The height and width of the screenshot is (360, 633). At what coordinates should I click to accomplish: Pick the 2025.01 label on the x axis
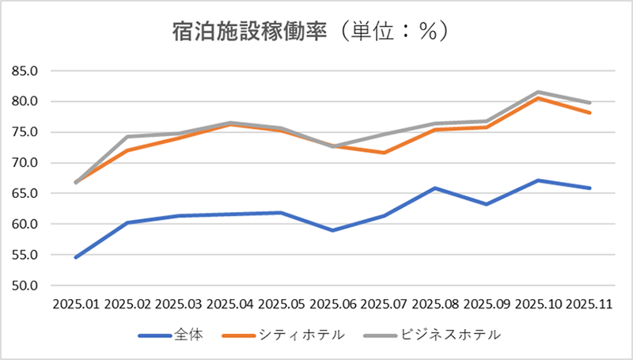pos(76,303)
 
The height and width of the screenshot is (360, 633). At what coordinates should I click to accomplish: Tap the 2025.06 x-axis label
pos(333,303)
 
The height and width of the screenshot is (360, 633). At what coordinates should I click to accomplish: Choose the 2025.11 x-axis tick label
pos(590,303)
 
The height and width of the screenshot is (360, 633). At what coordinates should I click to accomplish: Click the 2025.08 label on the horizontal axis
pos(436,303)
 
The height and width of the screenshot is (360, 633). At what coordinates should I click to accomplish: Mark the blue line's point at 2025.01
pos(76,257)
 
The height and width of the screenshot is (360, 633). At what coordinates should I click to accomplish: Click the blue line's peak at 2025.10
pos(539,180)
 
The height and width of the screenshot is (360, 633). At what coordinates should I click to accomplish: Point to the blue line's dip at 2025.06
pos(333,230)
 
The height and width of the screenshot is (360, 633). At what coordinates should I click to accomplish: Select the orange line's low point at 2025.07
pos(385,153)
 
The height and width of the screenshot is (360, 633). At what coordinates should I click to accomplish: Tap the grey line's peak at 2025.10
pos(539,92)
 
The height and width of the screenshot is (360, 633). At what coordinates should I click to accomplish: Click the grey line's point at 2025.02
pos(127,136)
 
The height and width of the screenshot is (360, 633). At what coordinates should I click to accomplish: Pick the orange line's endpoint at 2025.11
pos(590,112)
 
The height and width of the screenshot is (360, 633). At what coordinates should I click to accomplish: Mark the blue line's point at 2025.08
pos(436,188)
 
